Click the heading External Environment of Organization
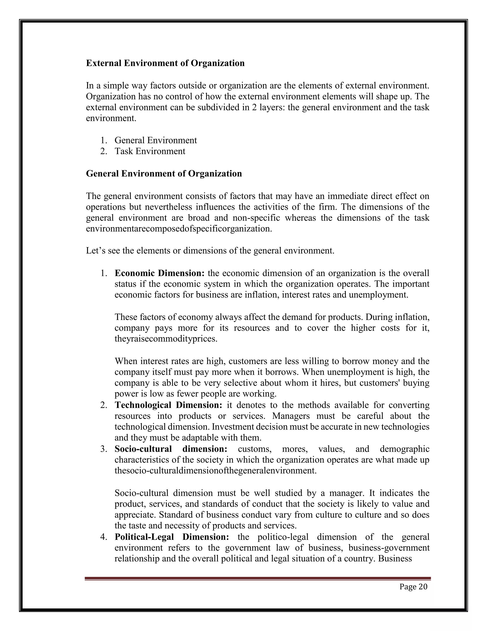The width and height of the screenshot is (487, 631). [x=165, y=63]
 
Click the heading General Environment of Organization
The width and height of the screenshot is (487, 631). [x=164, y=173]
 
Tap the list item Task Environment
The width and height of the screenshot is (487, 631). [x=150, y=151]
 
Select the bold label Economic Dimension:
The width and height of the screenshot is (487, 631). [x=159, y=273]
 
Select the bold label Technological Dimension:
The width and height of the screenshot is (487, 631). [x=168, y=405]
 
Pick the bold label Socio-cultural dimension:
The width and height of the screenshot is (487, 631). [x=171, y=449]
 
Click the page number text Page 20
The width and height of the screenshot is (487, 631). [x=413, y=587]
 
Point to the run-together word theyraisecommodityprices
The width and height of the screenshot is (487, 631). [x=166, y=339]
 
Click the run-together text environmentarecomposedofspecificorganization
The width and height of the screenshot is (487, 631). [x=179, y=229]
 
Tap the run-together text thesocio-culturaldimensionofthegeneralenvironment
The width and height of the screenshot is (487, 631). [x=215, y=471]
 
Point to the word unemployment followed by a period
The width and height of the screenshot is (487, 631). [x=379, y=295]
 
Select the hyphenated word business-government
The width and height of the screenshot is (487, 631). [x=389, y=548]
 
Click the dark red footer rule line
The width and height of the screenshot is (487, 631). [x=257, y=578]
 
